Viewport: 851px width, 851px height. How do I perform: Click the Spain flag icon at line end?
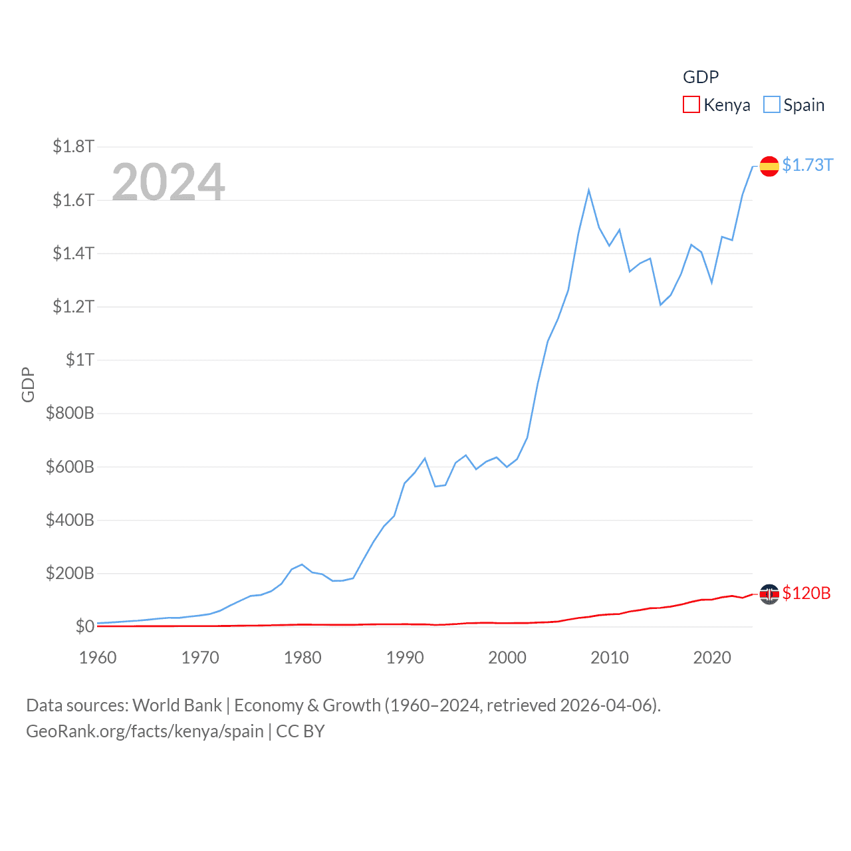click(x=769, y=166)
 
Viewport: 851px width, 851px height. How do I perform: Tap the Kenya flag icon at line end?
click(x=769, y=594)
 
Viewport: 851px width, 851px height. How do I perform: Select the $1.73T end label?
click(x=807, y=165)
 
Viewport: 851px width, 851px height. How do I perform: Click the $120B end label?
click(x=806, y=593)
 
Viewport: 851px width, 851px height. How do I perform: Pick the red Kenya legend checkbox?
click(x=691, y=105)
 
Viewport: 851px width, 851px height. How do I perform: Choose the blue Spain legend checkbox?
click(x=771, y=105)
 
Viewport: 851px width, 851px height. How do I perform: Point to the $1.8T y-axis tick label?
click(x=74, y=146)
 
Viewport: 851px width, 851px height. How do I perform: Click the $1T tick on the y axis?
click(x=80, y=360)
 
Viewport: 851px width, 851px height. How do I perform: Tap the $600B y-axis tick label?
click(x=70, y=467)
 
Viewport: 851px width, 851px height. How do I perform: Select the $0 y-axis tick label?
click(x=84, y=626)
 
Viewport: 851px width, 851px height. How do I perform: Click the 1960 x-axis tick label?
click(x=98, y=658)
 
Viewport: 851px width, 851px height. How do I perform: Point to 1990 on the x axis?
click(x=405, y=658)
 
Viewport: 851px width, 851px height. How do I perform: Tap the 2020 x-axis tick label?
click(x=712, y=658)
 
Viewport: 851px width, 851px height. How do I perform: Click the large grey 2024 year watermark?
click(x=168, y=182)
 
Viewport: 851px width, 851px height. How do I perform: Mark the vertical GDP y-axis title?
click(x=28, y=384)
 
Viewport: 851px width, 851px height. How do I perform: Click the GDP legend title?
click(x=701, y=77)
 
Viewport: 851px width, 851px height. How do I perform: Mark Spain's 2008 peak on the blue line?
click(x=589, y=191)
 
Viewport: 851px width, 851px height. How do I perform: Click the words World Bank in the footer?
click(x=177, y=705)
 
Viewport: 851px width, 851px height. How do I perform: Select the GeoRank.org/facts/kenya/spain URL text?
click(x=145, y=731)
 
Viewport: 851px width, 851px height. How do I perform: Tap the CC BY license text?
click(x=301, y=731)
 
